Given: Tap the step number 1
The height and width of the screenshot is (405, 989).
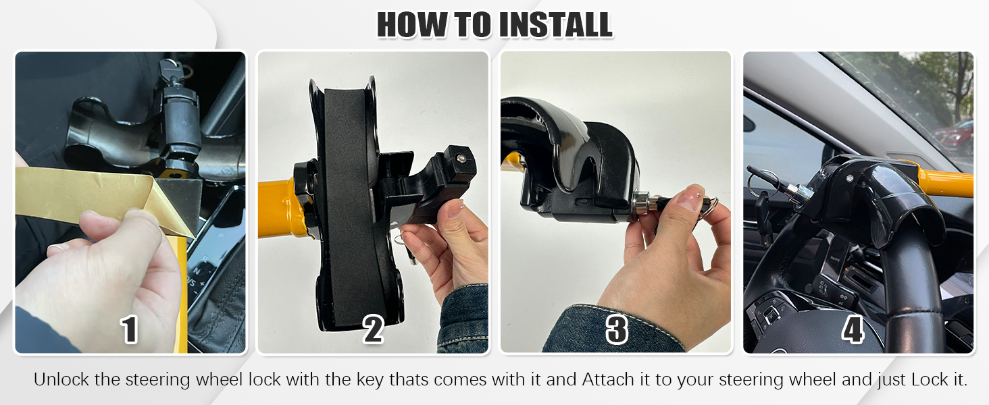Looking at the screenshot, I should [x=129, y=330].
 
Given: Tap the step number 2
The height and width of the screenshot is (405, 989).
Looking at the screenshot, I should [x=374, y=330].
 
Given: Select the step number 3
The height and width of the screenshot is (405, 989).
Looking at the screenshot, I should [x=616, y=330].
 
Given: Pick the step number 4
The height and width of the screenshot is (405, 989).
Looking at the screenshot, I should [x=853, y=330].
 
